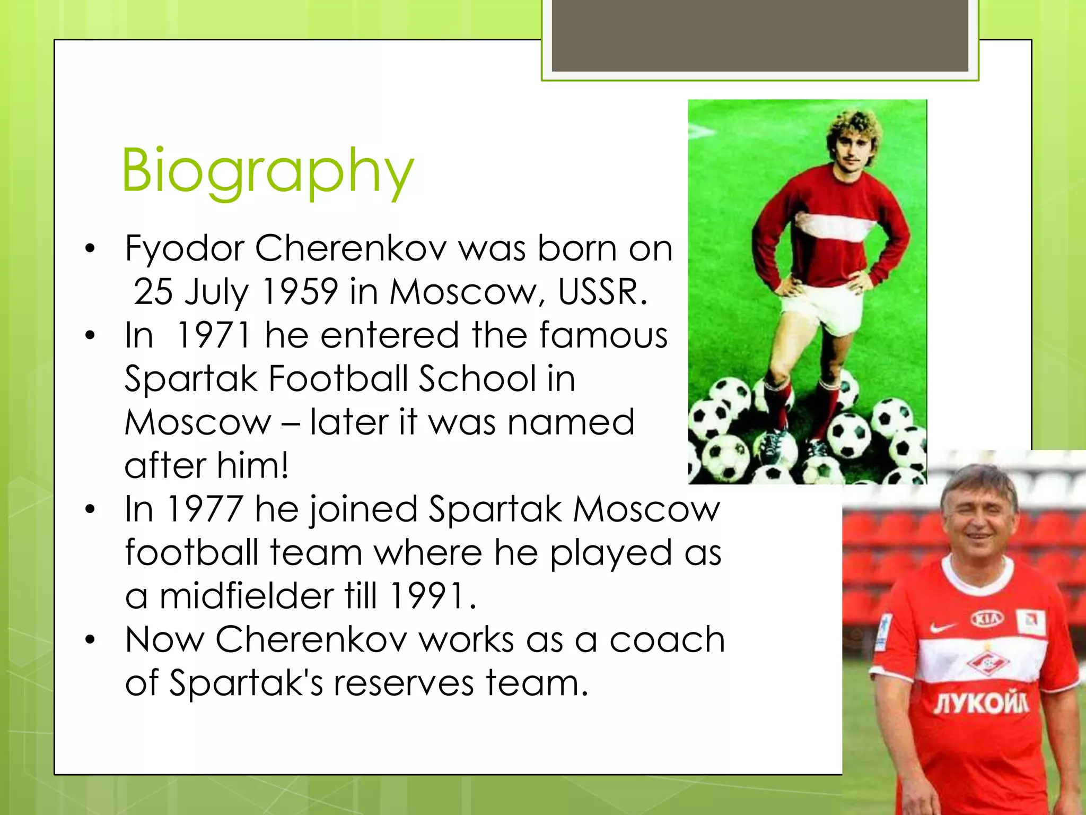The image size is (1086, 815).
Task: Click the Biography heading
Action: (268, 171)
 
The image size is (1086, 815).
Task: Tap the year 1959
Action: (300, 292)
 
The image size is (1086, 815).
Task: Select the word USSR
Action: (602, 292)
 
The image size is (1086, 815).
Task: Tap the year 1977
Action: (205, 509)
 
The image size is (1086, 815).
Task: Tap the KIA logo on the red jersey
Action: (987, 619)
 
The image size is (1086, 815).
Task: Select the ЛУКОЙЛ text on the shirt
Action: (982, 704)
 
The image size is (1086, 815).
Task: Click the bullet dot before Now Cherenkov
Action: (90, 640)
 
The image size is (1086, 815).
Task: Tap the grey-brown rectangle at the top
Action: (759, 35)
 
